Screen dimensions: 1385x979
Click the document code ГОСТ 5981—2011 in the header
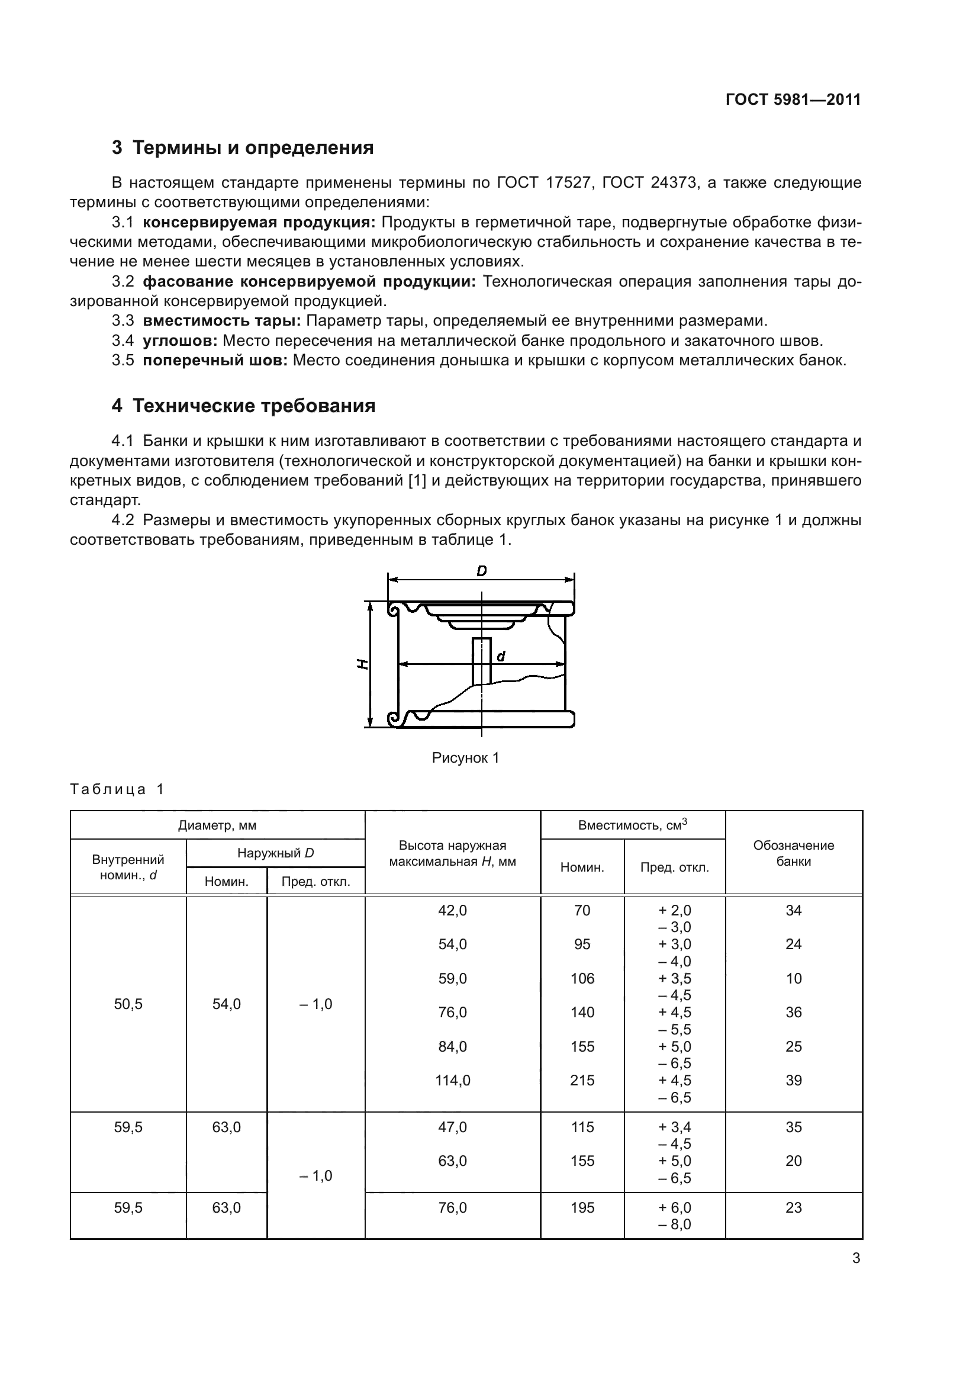pos(793,99)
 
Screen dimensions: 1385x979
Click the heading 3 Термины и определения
pos(242,148)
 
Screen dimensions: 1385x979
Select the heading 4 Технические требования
pos(243,406)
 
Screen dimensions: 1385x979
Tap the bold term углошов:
pos(181,341)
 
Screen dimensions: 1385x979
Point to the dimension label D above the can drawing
pos(481,571)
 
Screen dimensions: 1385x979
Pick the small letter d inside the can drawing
pos(500,656)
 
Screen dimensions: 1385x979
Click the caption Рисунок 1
pos(465,759)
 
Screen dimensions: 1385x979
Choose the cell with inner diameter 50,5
pos(128,1004)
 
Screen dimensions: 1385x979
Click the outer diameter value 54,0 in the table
pos(226,1004)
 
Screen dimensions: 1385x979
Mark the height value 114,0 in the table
pos(452,1081)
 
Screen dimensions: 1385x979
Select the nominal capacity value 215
pos(582,1081)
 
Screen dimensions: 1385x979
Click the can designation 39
pos(793,1081)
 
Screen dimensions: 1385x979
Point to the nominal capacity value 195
pos(582,1207)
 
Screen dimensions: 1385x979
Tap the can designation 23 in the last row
pos(793,1207)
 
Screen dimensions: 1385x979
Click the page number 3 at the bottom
pos(856,1258)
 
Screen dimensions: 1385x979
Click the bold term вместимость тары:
pos(222,321)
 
